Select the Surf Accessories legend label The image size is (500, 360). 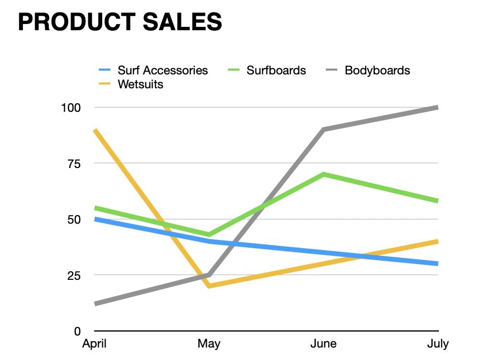click(x=163, y=70)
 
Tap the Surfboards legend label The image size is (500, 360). click(x=276, y=70)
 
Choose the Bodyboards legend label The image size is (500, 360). click(x=377, y=71)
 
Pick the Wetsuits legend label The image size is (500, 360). click(x=140, y=84)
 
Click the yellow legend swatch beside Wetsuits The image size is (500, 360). click(x=105, y=84)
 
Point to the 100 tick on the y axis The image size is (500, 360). click(x=71, y=108)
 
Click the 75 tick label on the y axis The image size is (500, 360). click(x=74, y=164)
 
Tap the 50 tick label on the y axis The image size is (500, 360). click(x=74, y=220)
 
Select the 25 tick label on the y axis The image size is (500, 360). click(x=74, y=276)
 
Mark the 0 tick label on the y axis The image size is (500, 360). click(x=77, y=332)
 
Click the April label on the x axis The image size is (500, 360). click(x=95, y=344)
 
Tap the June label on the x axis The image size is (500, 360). click(x=323, y=344)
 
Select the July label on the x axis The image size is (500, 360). click(x=438, y=344)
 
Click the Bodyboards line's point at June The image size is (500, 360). click(x=324, y=130)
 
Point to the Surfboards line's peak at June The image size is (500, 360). click(x=324, y=174)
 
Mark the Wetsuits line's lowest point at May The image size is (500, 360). click(x=209, y=286)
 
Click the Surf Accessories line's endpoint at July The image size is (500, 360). click(x=438, y=264)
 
